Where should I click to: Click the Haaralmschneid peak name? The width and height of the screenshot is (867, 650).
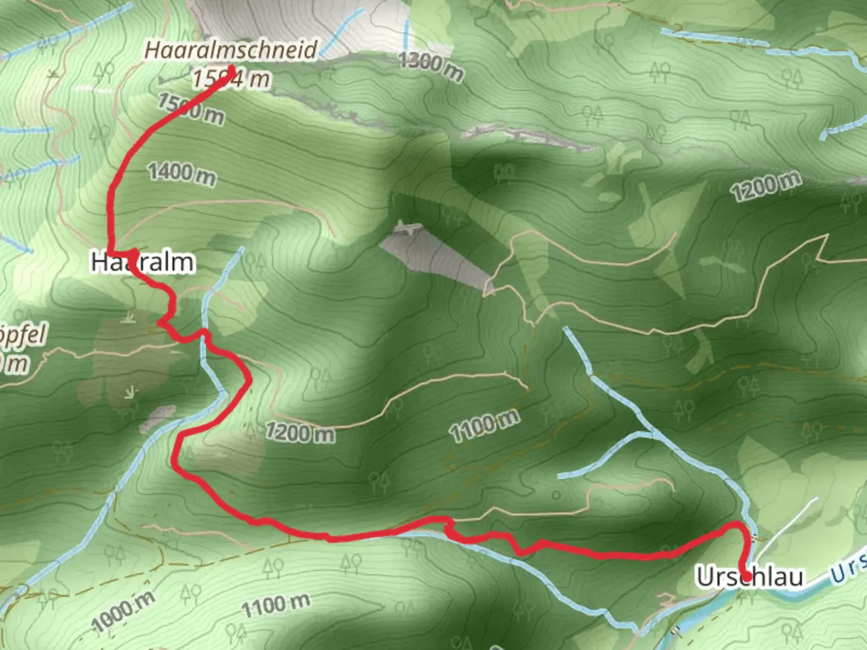231,49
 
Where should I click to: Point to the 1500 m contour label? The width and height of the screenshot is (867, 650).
191,109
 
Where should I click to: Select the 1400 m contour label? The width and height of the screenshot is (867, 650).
182,174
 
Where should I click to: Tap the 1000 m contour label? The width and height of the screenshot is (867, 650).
123,611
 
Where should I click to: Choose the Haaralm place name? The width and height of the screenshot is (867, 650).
143,262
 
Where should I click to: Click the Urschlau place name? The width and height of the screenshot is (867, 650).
750,577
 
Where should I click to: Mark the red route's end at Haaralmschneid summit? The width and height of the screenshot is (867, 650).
231,68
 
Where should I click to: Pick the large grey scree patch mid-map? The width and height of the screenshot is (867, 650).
437,256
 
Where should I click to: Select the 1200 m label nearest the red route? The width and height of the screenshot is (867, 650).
300,432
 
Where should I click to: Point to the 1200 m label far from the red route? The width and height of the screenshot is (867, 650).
766,185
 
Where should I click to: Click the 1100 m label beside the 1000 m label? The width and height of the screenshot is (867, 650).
276,605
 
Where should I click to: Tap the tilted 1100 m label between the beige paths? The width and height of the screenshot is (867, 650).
484,426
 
